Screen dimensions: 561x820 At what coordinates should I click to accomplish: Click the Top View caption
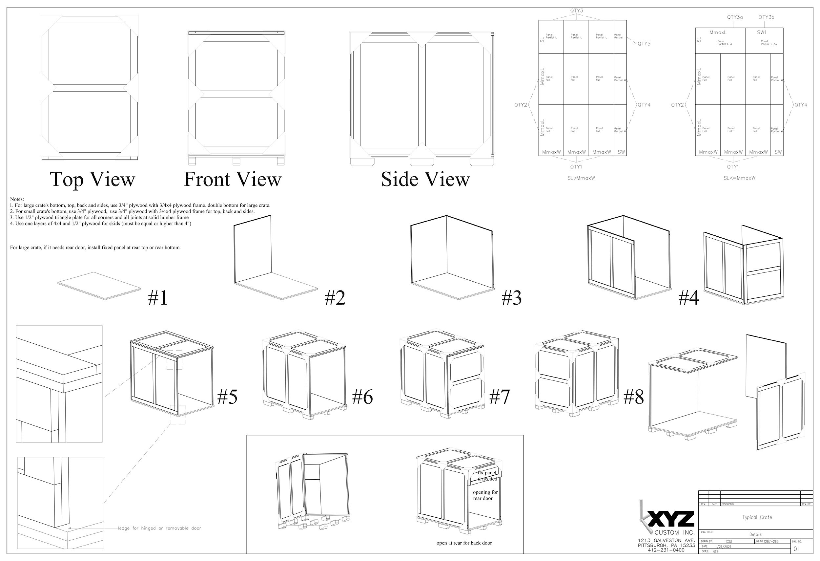click(x=92, y=179)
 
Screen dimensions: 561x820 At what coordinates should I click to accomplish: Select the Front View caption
click(x=233, y=179)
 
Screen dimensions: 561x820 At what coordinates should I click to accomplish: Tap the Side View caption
click(x=425, y=179)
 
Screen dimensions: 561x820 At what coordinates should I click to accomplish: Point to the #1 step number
click(x=157, y=298)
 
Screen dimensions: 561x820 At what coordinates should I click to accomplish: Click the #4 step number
click(x=689, y=298)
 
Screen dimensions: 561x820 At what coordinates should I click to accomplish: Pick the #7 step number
click(x=499, y=397)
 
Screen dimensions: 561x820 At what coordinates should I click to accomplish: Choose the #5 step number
click(x=227, y=397)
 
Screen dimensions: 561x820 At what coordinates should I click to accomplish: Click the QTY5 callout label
click(x=644, y=44)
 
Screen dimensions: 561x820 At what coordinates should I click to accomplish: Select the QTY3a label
click(x=735, y=17)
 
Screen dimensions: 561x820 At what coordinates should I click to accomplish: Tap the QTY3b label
click(x=766, y=17)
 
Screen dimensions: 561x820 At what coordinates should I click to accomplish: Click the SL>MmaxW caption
click(x=581, y=178)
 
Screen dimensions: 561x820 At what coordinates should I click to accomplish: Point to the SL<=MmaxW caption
click(x=739, y=178)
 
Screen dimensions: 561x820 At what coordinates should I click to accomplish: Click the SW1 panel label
click(x=761, y=32)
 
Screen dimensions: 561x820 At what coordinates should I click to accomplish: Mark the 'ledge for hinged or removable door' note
click(x=159, y=528)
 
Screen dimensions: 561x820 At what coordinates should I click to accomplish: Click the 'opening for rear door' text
click(x=485, y=495)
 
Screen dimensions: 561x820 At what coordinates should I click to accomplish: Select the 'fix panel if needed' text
click(x=487, y=476)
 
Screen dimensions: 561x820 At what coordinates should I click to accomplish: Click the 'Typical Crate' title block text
click(x=757, y=517)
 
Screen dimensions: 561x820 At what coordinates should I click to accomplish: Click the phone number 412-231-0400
click(x=666, y=550)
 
